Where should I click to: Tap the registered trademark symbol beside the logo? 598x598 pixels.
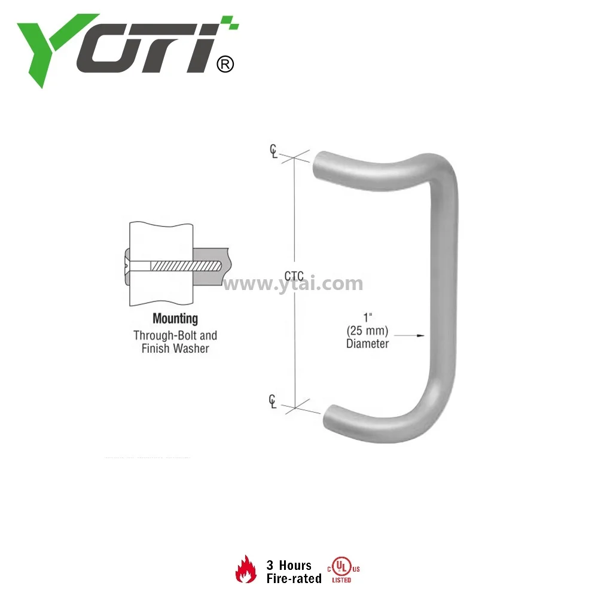coord(224,64)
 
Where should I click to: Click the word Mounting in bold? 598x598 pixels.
coord(175,319)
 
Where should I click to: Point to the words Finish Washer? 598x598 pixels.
coord(175,348)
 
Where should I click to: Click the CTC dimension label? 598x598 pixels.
coord(294,276)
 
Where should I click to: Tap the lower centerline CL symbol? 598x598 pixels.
coord(273,402)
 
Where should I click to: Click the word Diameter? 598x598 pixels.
coord(367,343)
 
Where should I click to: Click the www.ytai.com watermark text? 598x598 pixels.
coord(293,283)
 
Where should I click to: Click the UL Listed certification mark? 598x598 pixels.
coord(343,569)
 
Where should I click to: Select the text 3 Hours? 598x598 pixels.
coord(289,565)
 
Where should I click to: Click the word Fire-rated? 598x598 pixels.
coord(294,578)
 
